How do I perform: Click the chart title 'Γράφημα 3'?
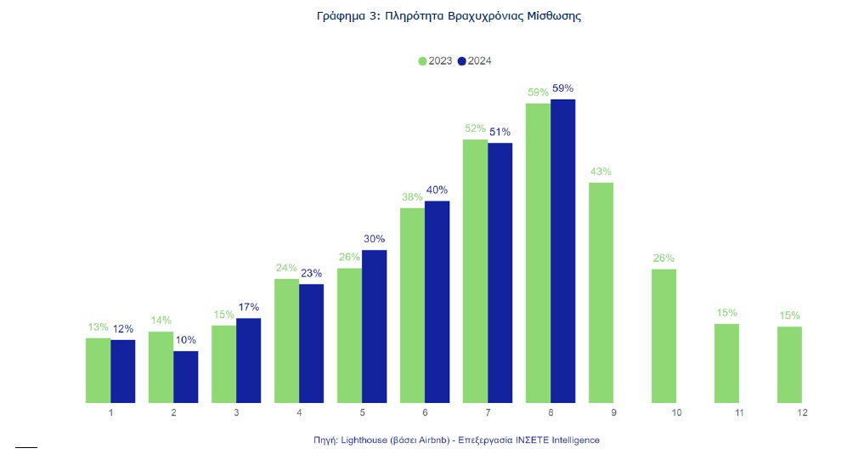click(435, 16)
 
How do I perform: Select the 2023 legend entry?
click(435, 60)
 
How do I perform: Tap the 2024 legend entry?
click(475, 60)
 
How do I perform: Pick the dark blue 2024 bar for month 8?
click(563, 251)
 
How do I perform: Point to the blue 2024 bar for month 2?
click(186, 377)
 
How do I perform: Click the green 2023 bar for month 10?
click(664, 336)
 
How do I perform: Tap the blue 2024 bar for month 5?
click(375, 326)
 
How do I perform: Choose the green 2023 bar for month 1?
click(99, 370)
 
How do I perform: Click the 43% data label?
click(601, 172)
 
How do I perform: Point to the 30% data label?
click(375, 239)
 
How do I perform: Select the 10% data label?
click(186, 340)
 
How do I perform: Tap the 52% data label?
click(475, 128)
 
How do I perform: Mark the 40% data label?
click(437, 190)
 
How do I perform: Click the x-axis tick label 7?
click(488, 413)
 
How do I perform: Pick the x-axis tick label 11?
click(739, 413)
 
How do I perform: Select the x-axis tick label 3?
click(236, 413)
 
